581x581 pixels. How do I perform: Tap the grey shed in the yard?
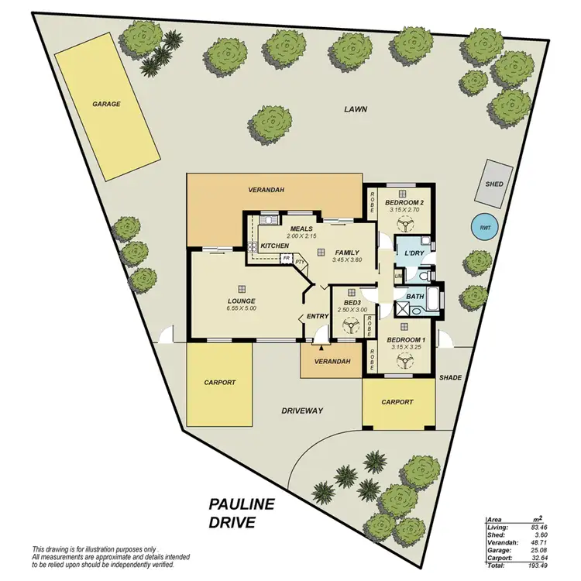click(x=493, y=184)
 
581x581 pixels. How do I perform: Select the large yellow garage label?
click(x=106, y=104)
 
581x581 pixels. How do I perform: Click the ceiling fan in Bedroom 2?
click(x=404, y=225)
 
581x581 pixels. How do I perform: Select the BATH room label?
click(x=415, y=296)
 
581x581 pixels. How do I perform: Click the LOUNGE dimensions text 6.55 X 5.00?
click(x=242, y=308)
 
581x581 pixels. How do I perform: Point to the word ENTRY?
click(x=318, y=316)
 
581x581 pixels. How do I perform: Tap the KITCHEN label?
click(x=274, y=246)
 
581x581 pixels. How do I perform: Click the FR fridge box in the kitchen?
click(x=286, y=258)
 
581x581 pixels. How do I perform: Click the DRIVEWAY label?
click(x=301, y=411)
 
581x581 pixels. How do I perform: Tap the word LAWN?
click(x=356, y=110)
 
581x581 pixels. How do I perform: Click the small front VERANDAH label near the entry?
click(x=332, y=362)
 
